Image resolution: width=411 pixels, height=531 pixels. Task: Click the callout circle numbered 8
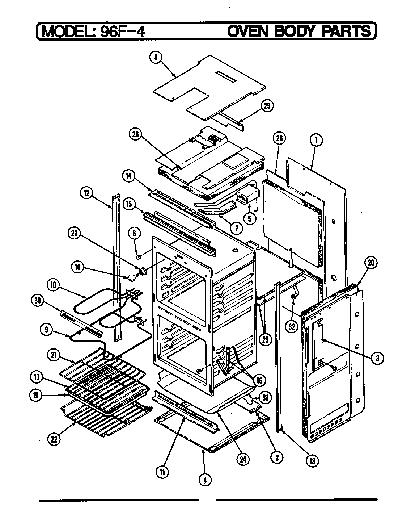[156, 58]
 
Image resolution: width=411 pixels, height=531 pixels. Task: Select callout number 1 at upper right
[316, 139]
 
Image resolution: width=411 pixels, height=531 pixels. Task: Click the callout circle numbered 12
[86, 193]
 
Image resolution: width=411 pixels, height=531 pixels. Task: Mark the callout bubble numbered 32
[291, 326]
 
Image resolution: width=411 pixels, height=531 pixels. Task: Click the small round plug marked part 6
[138, 257]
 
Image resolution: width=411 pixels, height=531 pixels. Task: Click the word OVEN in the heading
[249, 31]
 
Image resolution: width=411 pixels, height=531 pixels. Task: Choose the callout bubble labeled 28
[135, 133]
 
